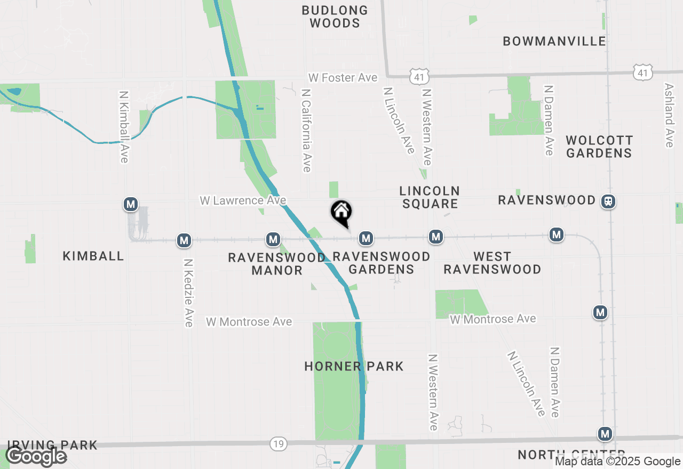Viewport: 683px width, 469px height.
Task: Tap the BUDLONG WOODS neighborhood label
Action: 335,17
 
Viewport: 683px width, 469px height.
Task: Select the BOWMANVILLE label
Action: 554,41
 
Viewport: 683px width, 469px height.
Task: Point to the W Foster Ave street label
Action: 343,78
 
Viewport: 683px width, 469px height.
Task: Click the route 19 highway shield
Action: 279,443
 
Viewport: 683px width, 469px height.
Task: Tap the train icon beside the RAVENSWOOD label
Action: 608,201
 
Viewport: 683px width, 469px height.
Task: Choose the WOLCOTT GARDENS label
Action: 599,147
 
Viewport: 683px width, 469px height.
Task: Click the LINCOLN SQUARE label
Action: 430,197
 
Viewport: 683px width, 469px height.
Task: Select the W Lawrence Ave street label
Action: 243,200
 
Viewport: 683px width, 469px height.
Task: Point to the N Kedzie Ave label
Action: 188,293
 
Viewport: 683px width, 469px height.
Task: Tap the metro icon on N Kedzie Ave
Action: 184,240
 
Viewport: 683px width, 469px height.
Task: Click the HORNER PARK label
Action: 354,366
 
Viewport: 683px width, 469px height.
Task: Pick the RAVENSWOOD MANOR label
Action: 276,264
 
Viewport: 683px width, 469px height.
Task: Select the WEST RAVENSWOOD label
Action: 492,263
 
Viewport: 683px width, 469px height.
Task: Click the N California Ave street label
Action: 306,130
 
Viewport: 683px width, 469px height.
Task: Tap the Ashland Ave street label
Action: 669,115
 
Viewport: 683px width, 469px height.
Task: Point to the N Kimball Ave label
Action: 124,126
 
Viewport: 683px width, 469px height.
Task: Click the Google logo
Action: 36,456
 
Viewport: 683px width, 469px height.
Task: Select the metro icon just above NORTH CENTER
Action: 605,434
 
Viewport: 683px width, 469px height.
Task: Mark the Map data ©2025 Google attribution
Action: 618,462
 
